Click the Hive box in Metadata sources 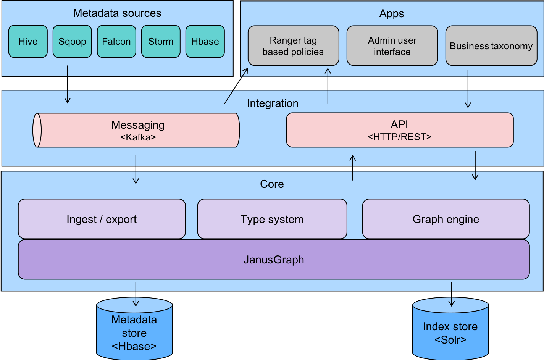tap(28, 42)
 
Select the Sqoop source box tap(72, 42)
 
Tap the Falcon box tap(116, 42)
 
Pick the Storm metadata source tap(161, 42)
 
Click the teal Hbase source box tap(205, 42)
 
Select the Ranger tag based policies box tap(293, 46)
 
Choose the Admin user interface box tap(392, 46)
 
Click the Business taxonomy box tap(491, 46)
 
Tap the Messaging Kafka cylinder tap(137, 130)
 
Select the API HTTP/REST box tap(400, 130)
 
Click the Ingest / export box tap(102, 219)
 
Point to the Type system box tap(272, 219)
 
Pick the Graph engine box tap(446, 219)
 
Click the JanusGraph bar tap(274, 260)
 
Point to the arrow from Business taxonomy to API tap(468, 89)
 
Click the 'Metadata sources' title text tap(117, 13)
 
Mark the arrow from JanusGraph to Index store tap(452, 294)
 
